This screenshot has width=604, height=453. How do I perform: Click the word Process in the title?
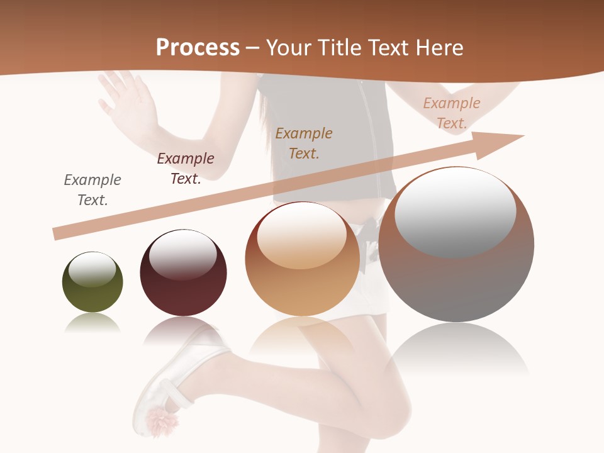198,48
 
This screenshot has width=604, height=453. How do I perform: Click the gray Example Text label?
92,189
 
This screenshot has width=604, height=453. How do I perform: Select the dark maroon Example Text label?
186,168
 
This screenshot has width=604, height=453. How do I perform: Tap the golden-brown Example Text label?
304,143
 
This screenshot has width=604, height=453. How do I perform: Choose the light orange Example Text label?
452,113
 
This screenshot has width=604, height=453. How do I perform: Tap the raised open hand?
126,101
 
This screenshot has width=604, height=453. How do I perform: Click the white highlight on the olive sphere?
92,270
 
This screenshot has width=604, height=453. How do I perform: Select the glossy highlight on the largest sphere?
455,211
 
